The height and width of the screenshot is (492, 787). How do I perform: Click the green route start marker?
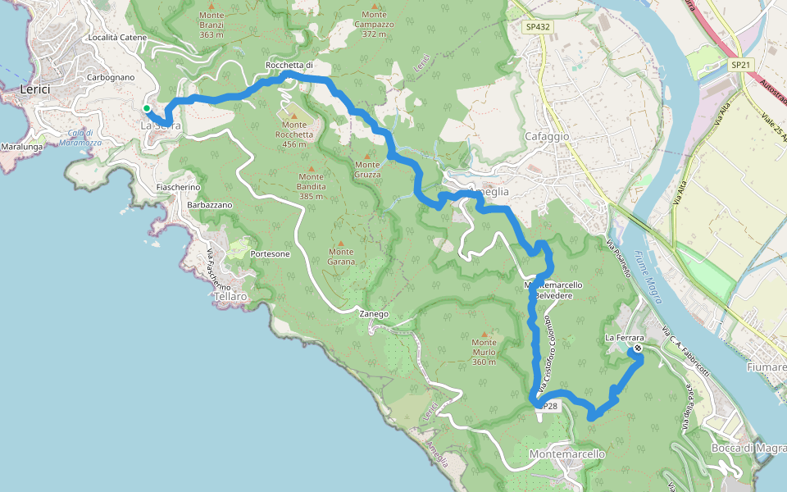pos(147,108)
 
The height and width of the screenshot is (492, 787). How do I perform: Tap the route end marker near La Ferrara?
pos(638,348)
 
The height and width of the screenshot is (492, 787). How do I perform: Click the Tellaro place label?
pos(229,296)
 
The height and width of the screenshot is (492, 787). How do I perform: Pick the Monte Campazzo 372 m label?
pos(374,25)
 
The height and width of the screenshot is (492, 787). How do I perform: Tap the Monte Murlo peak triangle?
pos(484,333)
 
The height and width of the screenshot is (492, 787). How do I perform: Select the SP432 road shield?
pos(538,27)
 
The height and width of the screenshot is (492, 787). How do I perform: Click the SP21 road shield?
pos(740,65)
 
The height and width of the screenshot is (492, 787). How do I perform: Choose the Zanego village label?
pos(373,314)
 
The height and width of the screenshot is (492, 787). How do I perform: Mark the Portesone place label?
pos(270,254)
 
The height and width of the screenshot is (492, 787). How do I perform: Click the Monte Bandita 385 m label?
pos(311,181)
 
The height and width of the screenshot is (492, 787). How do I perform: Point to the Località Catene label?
pos(117,38)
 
